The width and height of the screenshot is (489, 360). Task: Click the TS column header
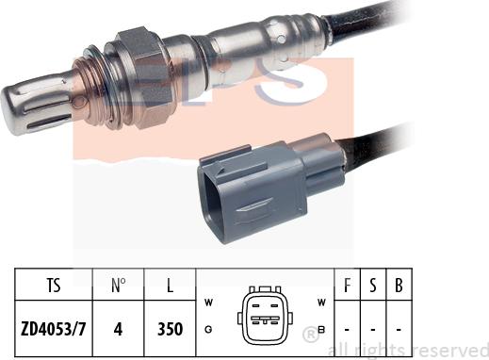point(54,286)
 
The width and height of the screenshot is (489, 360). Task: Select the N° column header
point(118,286)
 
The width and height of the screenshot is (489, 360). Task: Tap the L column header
point(170,286)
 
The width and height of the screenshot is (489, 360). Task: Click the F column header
point(347,286)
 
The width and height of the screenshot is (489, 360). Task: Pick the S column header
point(373,286)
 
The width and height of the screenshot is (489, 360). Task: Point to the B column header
point(399,286)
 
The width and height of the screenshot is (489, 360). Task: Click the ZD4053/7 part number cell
point(54,329)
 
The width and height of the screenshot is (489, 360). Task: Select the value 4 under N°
point(118,329)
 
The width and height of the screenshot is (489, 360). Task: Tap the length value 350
point(170,329)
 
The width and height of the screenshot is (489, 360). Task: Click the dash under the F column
point(347,330)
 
